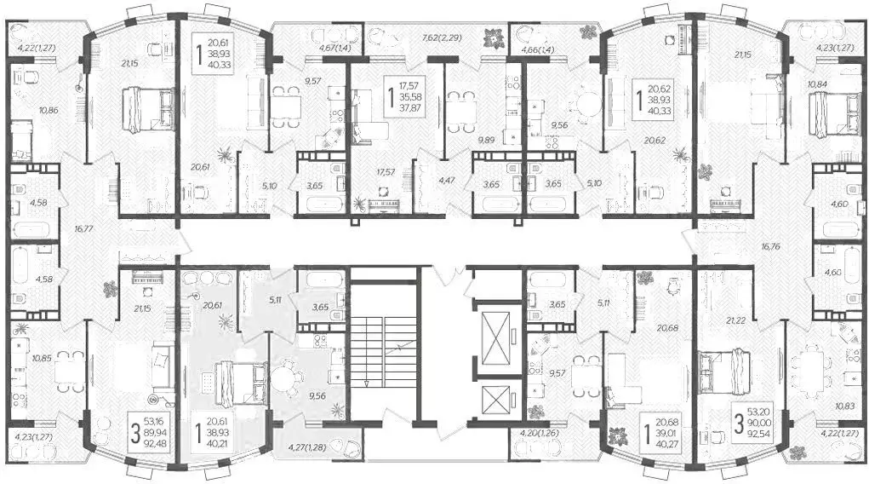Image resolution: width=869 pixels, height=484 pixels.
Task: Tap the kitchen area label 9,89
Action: pos(486,140)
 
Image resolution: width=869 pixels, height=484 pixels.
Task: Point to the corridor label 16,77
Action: pos(83,228)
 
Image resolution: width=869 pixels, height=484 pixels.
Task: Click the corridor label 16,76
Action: pos(771,246)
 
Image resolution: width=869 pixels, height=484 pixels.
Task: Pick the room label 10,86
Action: pos(49,110)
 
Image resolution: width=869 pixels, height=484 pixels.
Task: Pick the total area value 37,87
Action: pos(411,107)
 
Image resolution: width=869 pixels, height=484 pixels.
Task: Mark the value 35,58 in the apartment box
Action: pos(411,96)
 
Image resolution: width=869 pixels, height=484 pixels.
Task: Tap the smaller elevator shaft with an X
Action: pos(495,400)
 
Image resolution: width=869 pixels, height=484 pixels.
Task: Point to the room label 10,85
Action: pos(42,359)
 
